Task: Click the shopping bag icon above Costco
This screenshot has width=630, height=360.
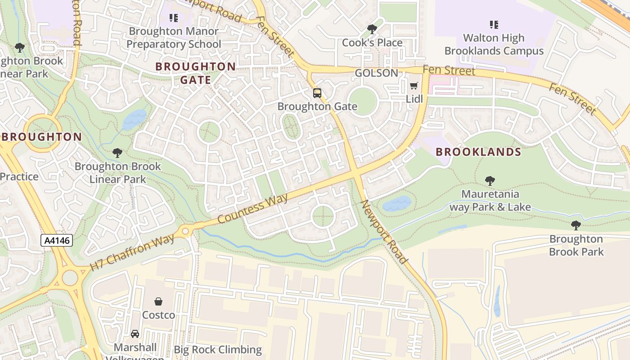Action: click(158, 301)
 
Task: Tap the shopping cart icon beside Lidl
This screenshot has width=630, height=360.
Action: click(414, 85)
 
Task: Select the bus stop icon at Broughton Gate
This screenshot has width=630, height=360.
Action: click(317, 93)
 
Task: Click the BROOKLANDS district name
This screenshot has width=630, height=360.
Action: click(478, 152)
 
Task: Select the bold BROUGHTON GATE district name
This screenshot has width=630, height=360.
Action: click(195, 73)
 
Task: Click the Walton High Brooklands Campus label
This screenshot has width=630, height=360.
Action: click(494, 45)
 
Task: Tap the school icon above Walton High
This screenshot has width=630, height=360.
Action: click(494, 24)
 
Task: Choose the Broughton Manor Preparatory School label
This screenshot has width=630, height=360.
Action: click(174, 38)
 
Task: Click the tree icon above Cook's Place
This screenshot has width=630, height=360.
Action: click(372, 29)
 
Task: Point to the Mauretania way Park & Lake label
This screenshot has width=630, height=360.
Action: click(490, 201)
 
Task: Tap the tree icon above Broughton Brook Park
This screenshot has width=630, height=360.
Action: click(576, 225)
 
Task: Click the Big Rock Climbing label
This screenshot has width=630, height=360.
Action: click(218, 350)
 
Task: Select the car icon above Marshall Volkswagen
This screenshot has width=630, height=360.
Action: click(135, 334)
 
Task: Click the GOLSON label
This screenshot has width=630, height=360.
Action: click(376, 73)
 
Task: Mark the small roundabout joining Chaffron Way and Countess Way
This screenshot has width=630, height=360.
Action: click(185, 232)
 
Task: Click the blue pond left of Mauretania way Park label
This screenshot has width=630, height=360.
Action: click(396, 204)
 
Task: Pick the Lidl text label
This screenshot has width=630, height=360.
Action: click(414, 99)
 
